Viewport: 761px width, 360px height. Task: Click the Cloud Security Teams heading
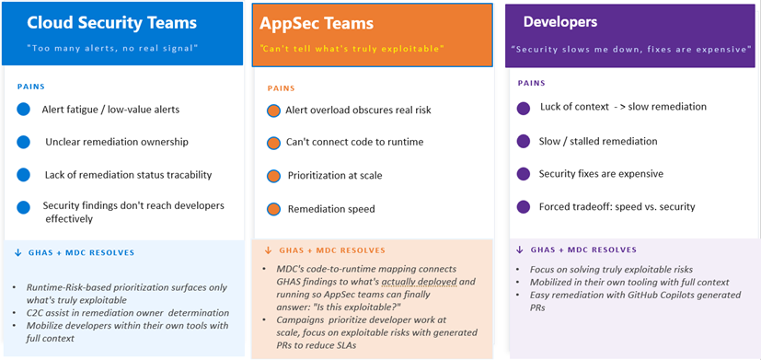112,23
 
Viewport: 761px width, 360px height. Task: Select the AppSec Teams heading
317,23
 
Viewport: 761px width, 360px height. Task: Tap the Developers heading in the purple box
560,22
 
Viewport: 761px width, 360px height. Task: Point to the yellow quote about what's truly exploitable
352,49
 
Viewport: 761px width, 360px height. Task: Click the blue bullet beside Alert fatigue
23,110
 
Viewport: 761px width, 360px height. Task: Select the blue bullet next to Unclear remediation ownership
23,142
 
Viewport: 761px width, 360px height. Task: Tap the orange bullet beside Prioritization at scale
273,176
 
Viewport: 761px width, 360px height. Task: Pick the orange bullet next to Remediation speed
273,209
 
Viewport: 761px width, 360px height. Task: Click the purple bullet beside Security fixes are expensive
524,174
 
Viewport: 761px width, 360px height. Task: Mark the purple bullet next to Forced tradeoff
524,206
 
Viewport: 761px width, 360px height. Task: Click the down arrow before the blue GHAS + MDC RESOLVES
18,252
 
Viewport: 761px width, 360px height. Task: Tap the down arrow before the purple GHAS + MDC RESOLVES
520,250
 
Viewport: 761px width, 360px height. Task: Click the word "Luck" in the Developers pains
550,107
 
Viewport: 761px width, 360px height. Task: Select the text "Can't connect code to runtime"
355,143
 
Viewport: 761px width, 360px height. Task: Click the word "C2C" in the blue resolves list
36,314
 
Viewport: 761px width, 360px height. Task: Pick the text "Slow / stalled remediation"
598,142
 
